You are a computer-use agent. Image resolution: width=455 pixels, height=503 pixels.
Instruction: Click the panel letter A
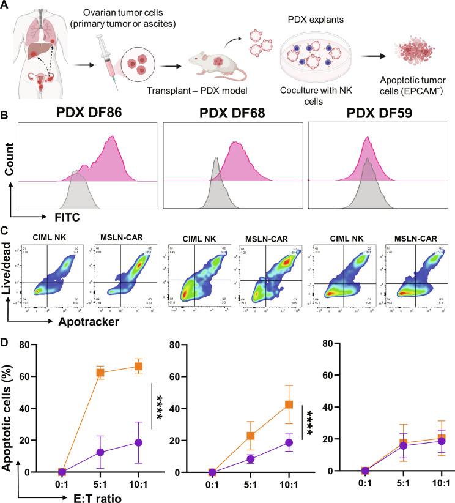click(6, 6)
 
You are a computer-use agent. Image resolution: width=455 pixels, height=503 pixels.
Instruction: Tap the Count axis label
click(9, 164)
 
